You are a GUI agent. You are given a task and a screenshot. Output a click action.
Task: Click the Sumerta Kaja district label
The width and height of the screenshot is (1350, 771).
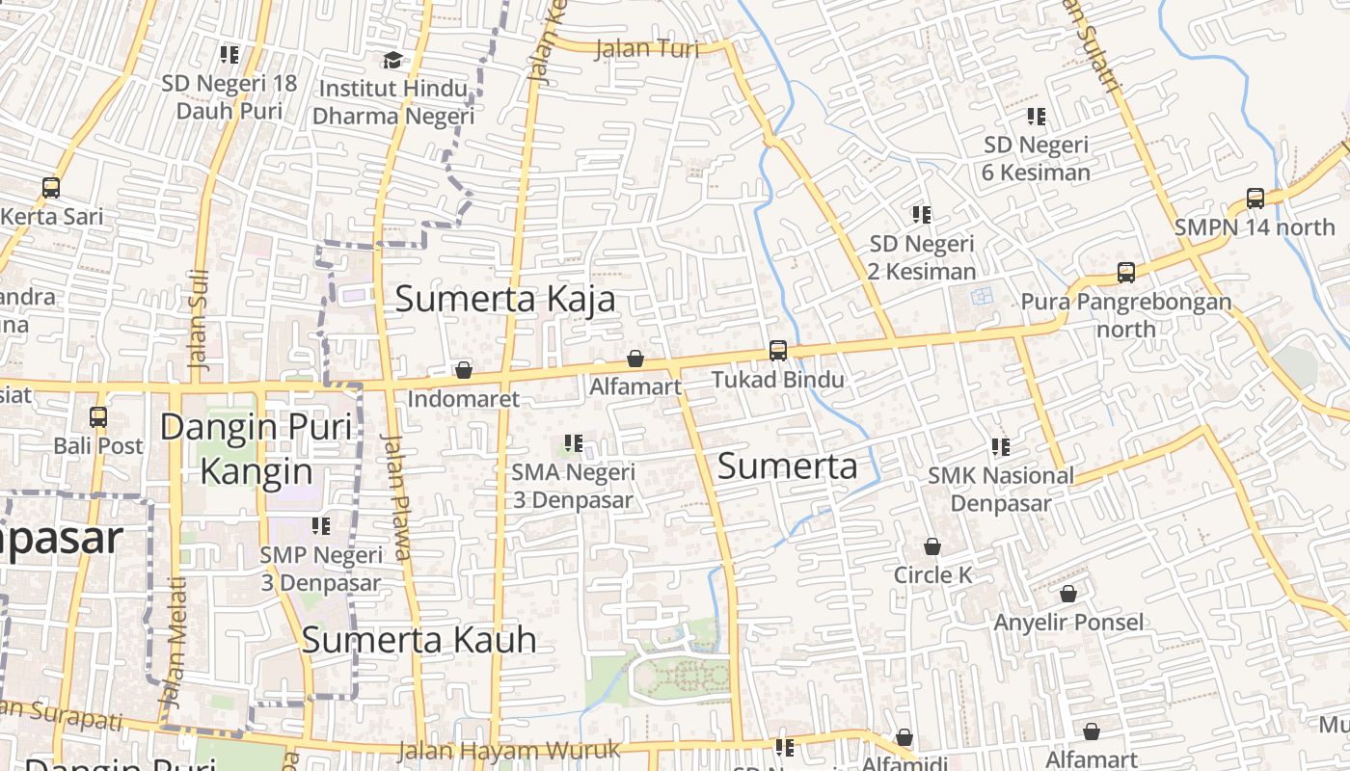(x=505, y=299)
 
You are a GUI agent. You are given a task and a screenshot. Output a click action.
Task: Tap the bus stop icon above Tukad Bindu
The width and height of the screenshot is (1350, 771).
(x=777, y=351)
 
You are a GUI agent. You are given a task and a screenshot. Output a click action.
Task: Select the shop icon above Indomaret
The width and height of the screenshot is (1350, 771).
(x=464, y=370)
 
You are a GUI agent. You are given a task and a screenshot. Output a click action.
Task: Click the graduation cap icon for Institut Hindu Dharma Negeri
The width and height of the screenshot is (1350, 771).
(x=392, y=61)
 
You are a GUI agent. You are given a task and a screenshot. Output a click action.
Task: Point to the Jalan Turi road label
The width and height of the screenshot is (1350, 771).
(x=647, y=48)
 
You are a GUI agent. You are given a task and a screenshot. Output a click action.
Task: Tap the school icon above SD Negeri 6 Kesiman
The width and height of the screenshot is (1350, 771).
(x=1037, y=118)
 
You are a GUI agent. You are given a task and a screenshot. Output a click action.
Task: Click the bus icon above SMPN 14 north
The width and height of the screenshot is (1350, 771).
(x=1255, y=199)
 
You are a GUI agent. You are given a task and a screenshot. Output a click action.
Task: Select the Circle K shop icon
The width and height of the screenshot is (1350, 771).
(x=932, y=547)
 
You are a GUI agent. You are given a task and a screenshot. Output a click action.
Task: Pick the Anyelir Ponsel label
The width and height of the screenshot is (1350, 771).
(x=1068, y=623)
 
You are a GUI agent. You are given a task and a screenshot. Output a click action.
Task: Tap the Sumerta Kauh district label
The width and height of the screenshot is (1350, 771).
(x=418, y=640)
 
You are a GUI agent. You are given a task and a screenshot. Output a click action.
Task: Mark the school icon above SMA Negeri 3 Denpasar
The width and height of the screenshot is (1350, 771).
(x=574, y=444)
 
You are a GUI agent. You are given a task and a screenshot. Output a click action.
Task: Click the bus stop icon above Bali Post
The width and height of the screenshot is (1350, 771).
(x=98, y=417)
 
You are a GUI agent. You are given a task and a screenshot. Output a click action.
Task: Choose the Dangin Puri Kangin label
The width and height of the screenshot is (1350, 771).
(x=256, y=449)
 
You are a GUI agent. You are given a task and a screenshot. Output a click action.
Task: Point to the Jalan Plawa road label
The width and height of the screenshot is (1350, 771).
(x=397, y=496)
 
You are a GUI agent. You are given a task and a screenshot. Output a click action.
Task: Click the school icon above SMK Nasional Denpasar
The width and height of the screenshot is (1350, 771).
(x=1001, y=447)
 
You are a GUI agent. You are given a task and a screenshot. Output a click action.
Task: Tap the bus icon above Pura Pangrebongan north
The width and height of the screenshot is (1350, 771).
(x=1125, y=273)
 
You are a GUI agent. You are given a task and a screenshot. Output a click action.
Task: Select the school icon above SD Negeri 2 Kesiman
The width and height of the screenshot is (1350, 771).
(x=922, y=215)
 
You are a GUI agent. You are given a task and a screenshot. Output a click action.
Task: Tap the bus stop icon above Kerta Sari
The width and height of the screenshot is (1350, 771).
(x=51, y=188)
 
